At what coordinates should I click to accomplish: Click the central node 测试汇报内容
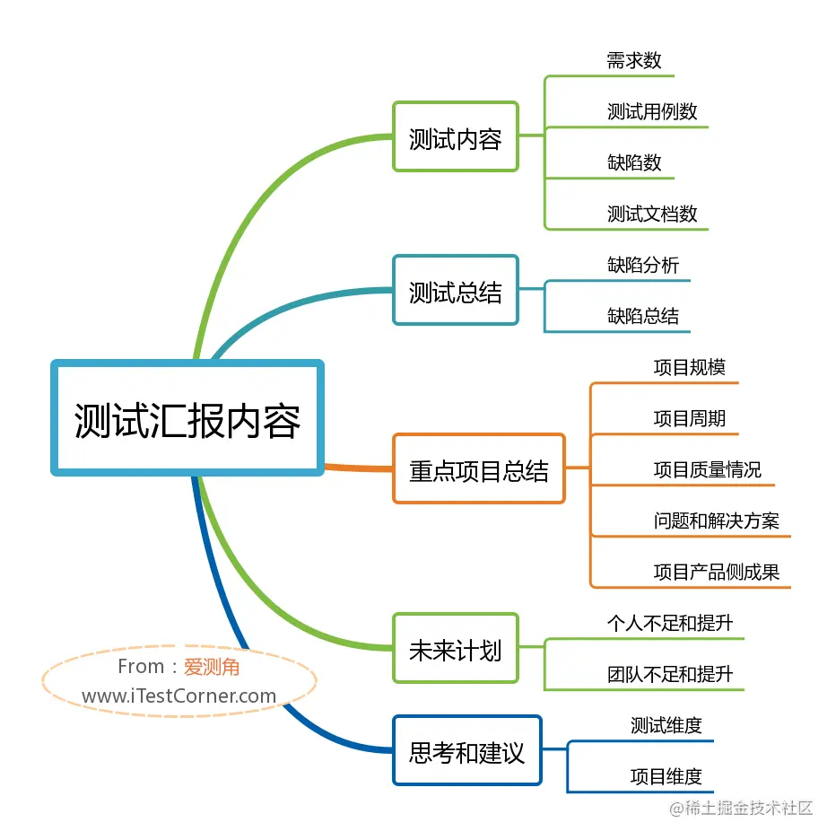coord(187,418)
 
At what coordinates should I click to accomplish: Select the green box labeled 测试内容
coord(455,137)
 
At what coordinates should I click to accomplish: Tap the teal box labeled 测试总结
coord(455,291)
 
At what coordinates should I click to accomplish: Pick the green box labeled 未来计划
coord(455,649)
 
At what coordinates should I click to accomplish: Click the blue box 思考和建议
coord(466,751)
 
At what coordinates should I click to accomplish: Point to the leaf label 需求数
coord(634,60)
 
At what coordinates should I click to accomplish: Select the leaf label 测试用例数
coord(652,111)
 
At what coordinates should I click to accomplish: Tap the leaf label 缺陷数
coord(634,162)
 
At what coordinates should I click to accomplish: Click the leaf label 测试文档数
coord(652,214)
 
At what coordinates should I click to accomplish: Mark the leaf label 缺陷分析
coord(643,265)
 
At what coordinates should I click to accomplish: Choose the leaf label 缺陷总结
coord(643,316)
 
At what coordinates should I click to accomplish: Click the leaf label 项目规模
coord(689,367)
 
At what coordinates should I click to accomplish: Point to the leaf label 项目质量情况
coord(707,469)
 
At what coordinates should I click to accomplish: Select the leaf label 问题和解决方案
coord(716,521)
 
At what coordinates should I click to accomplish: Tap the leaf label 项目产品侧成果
coord(716,572)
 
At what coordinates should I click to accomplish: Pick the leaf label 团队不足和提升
coord(670,674)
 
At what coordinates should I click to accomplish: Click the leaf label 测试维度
coord(666,725)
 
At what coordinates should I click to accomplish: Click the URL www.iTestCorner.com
coord(179,696)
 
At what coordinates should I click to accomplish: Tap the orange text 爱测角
coord(212,667)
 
